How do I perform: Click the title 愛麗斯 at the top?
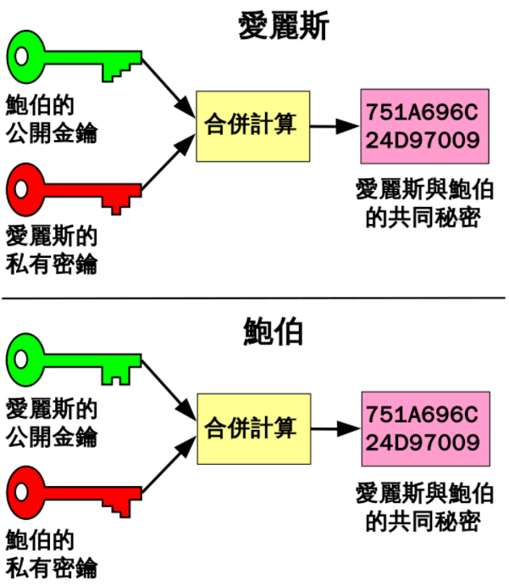pyautogui.click(x=283, y=26)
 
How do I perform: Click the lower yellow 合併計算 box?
pyautogui.click(x=250, y=428)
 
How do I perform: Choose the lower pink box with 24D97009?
pyautogui.click(x=423, y=428)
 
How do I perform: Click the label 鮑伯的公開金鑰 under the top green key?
pyautogui.click(x=51, y=119)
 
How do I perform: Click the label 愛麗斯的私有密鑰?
pyautogui.click(x=51, y=249)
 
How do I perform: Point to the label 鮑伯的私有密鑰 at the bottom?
pyautogui.click(x=51, y=553)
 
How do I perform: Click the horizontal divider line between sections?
pyautogui.click(x=254, y=298)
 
